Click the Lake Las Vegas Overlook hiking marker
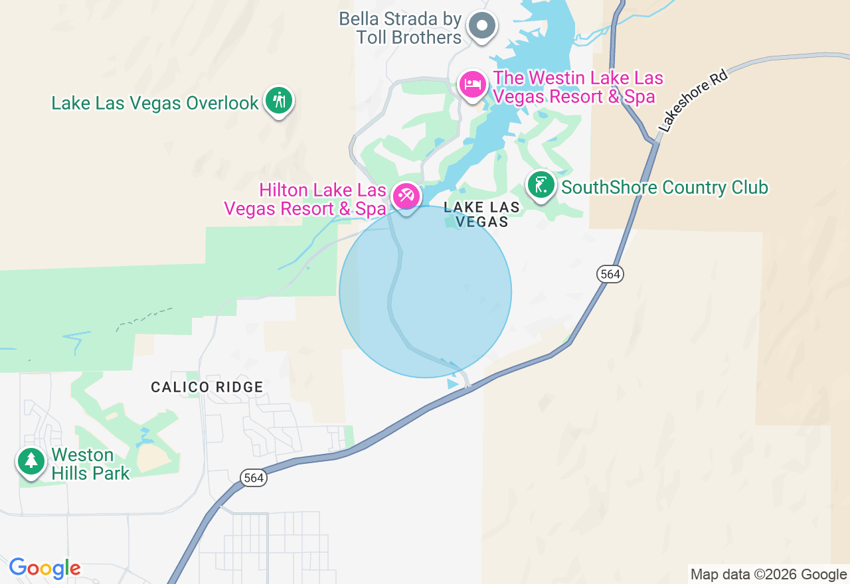[279, 101]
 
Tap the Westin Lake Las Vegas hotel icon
[473, 85]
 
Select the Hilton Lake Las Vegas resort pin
[406, 196]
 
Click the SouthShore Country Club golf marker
[541, 185]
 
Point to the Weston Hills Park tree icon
[31, 460]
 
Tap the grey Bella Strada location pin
[481, 27]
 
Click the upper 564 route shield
[610, 273]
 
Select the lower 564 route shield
[253, 477]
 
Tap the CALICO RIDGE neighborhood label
[207, 387]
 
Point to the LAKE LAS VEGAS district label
[482, 214]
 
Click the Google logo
[44, 568]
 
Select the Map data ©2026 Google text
[768, 574]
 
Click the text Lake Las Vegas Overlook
[155, 104]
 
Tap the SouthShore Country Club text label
[664, 188]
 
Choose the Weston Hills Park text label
[90, 464]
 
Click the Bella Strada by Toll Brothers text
[400, 28]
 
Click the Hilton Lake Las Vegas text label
[305, 199]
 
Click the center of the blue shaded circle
[426, 291]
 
